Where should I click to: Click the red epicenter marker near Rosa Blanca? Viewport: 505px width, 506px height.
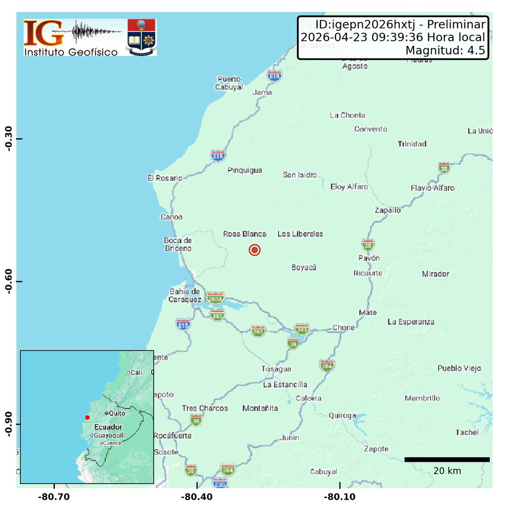click(x=254, y=250)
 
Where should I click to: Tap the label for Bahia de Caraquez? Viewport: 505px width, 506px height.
click(x=185, y=296)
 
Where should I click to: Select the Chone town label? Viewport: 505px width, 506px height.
click(x=343, y=328)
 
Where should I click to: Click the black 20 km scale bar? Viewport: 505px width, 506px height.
click(x=447, y=460)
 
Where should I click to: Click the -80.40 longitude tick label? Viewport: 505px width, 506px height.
click(x=197, y=497)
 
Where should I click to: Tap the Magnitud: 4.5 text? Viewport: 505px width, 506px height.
click(x=445, y=51)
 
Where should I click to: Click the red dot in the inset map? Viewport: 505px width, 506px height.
click(x=87, y=417)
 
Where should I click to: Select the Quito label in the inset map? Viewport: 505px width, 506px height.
click(x=117, y=414)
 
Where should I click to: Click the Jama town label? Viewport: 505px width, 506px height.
click(x=262, y=92)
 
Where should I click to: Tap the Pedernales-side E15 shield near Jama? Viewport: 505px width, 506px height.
click(x=274, y=76)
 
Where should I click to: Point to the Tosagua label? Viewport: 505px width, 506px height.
click(x=276, y=369)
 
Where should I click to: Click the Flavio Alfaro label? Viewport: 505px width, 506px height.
click(x=432, y=188)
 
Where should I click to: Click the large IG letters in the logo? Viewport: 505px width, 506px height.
click(x=44, y=34)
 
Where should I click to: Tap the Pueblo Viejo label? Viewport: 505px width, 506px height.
click(x=459, y=368)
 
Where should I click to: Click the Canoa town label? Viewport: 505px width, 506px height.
click(x=171, y=217)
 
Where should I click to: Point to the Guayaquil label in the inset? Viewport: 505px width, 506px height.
click(x=109, y=436)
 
